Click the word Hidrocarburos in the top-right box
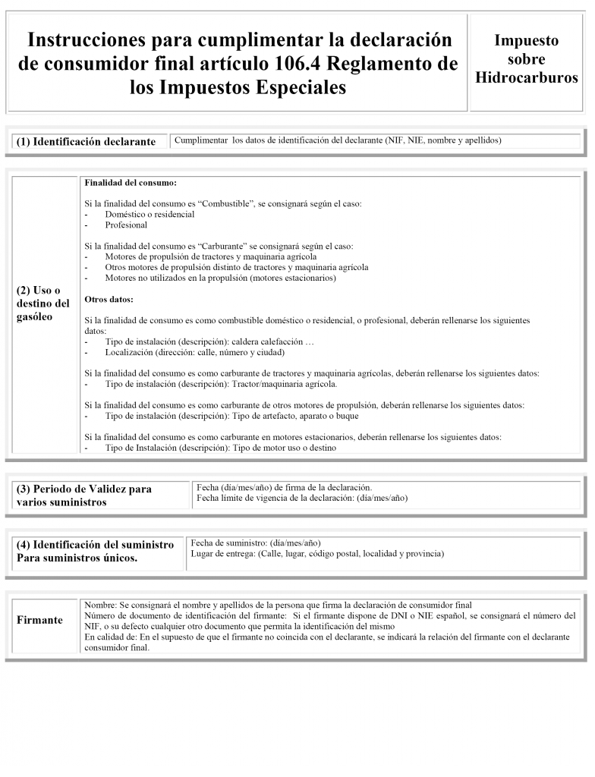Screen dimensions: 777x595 526,78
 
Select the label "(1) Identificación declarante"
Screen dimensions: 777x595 86,142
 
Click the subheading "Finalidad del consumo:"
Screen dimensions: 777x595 131,184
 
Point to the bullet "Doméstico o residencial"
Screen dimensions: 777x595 150,215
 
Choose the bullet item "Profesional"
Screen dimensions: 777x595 126,225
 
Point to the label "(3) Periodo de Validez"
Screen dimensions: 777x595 84,489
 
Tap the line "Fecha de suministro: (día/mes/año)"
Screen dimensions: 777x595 256,543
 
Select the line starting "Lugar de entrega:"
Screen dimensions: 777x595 317,554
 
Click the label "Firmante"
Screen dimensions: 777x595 40,620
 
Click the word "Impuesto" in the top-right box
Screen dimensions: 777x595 526,40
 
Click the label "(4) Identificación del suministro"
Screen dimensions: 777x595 96,545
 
